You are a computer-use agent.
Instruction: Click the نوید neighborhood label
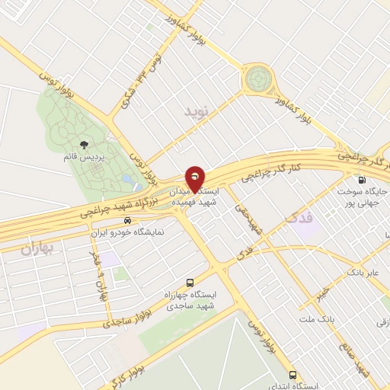pos(196,112)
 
